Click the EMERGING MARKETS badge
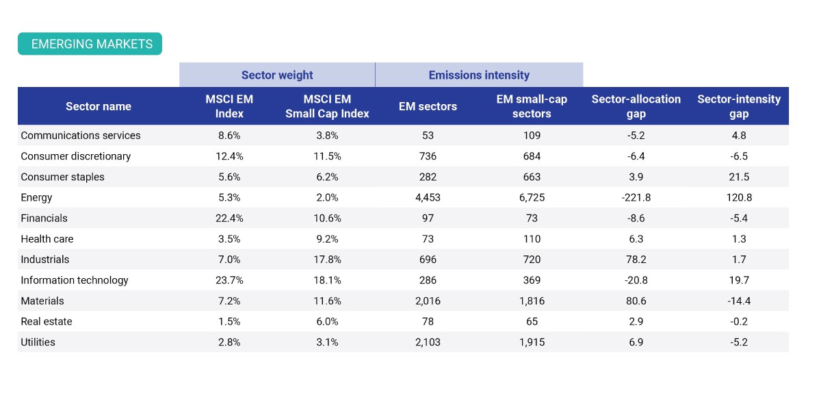click(90, 44)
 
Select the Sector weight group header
click(277, 75)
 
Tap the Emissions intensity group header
click(479, 75)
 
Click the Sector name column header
click(99, 106)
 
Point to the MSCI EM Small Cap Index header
click(327, 106)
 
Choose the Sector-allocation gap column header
click(636, 106)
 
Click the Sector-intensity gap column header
click(739, 106)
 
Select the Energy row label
click(36, 198)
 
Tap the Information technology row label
click(75, 280)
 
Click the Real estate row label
click(47, 321)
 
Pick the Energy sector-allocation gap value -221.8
click(636, 197)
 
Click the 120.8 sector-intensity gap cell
click(739, 197)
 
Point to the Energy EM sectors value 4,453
click(428, 198)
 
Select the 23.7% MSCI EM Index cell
click(229, 280)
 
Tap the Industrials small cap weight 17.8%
click(327, 260)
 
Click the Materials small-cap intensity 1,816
click(532, 301)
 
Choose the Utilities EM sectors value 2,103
click(428, 342)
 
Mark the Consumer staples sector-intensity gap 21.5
click(739, 177)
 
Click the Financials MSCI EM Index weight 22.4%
click(229, 218)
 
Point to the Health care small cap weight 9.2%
click(327, 239)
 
